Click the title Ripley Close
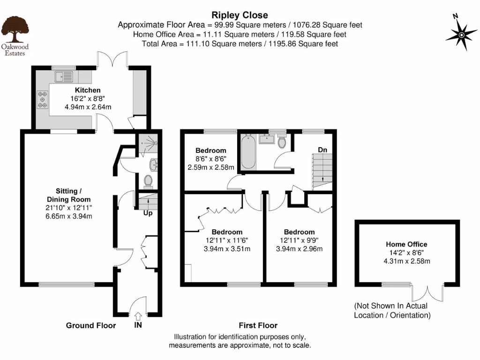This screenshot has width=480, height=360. pyautogui.click(x=240, y=15)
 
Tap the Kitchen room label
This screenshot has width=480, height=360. pyautogui.click(x=88, y=90)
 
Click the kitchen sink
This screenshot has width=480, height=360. pyautogui.click(x=63, y=76)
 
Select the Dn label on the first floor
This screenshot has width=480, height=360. pyautogui.click(x=322, y=150)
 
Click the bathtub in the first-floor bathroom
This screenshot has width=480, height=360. pyautogui.click(x=248, y=152)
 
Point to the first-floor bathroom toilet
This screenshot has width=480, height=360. pyautogui.click(x=282, y=142)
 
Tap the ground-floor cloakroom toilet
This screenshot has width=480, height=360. pyautogui.click(x=149, y=180)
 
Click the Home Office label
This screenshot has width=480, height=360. pyautogui.click(x=406, y=244)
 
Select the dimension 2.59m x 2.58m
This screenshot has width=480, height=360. pyautogui.click(x=211, y=167)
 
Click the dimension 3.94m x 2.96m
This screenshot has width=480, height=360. pyautogui.click(x=299, y=248)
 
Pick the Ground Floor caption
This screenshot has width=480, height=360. pyautogui.click(x=91, y=325)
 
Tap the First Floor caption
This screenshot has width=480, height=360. pyautogui.click(x=258, y=325)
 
